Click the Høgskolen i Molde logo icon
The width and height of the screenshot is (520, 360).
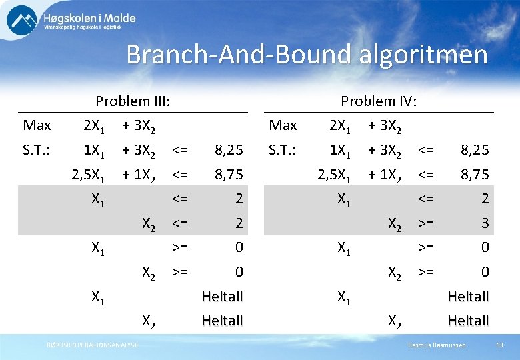click(x=22, y=20)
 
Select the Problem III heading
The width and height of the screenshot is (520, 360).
click(x=133, y=101)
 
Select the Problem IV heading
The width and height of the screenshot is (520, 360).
click(x=379, y=101)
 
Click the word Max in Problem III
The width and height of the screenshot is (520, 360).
click(x=37, y=125)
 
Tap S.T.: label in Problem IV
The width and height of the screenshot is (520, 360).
click(x=283, y=150)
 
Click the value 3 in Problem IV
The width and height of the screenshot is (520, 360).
click(x=485, y=223)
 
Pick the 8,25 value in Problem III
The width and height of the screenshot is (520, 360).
click(x=228, y=150)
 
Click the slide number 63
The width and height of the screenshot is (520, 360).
click(x=499, y=344)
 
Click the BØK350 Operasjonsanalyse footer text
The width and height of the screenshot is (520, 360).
click(x=93, y=344)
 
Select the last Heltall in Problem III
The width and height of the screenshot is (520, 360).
click(x=222, y=321)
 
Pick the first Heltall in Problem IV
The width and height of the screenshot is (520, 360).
click(x=468, y=296)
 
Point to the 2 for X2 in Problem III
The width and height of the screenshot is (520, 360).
click(x=238, y=223)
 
